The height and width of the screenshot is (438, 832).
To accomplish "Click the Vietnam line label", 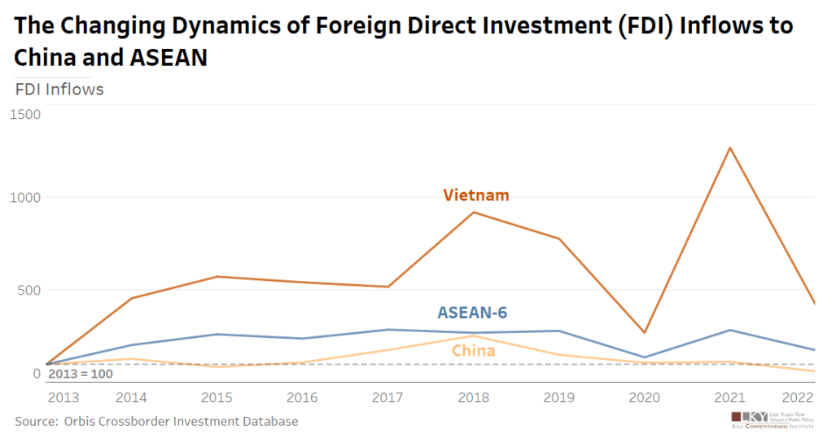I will (x=476, y=195).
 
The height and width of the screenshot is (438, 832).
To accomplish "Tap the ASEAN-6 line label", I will (x=478, y=313).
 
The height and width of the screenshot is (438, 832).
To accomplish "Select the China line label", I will (x=473, y=351).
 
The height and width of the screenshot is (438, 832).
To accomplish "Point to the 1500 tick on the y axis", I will (x=24, y=115).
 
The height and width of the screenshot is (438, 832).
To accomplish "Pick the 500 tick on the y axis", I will (x=28, y=290).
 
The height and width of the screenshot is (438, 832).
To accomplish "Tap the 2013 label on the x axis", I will (x=63, y=397).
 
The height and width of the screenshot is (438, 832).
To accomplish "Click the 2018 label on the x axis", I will (x=474, y=397).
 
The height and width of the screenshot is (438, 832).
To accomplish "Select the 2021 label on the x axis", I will (x=731, y=397).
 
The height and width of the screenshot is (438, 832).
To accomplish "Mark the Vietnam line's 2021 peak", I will (x=731, y=148).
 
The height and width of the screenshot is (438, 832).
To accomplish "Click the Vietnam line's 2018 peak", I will (x=474, y=212).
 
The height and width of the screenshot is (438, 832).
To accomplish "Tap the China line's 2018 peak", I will (x=474, y=336).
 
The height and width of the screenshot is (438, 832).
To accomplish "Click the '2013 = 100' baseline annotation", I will (x=81, y=374).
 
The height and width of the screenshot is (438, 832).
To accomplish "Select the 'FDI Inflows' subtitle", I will (x=60, y=90).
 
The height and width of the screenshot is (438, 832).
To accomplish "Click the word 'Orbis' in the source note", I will (x=81, y=421).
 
